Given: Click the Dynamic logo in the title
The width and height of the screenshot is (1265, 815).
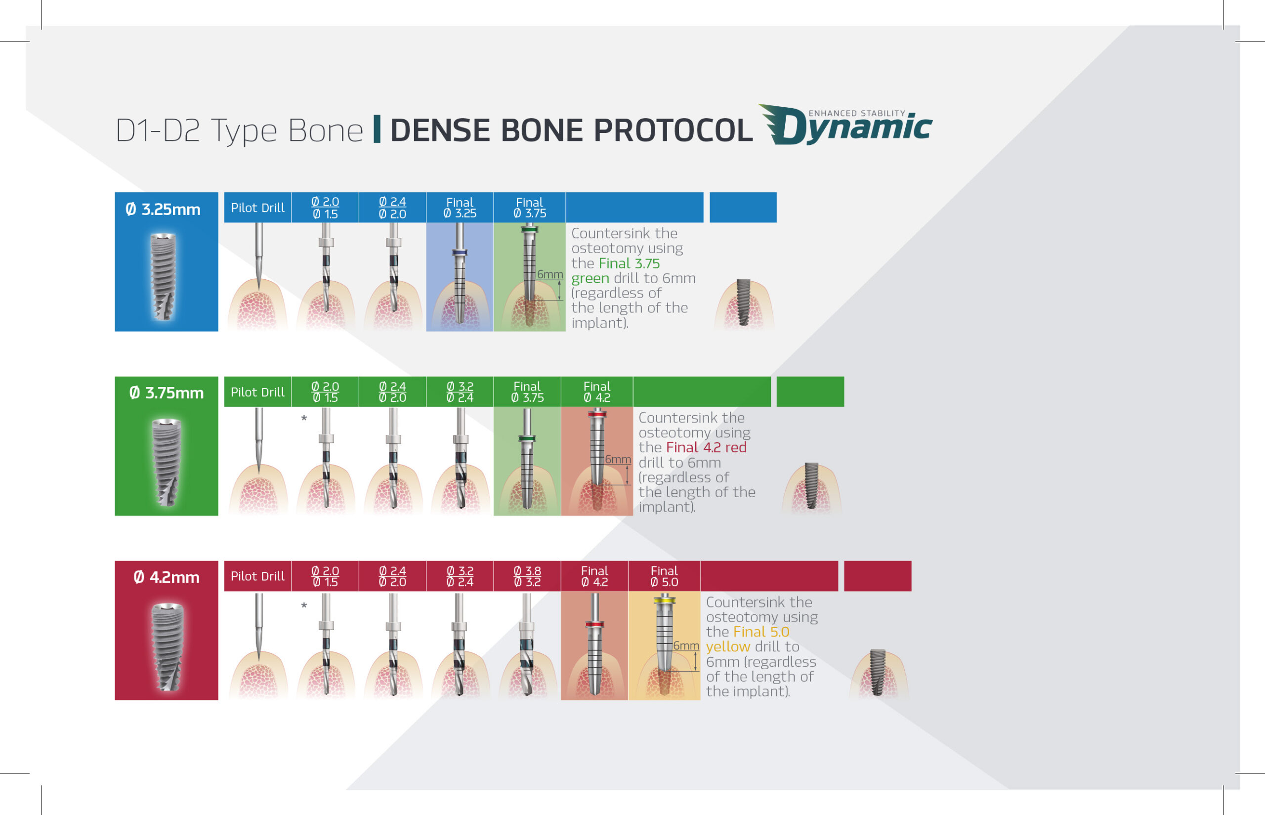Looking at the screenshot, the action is point(845,125).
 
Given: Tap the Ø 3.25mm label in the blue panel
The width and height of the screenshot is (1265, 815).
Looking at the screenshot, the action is point(163,210).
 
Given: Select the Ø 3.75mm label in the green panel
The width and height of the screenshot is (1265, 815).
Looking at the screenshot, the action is point(167,393).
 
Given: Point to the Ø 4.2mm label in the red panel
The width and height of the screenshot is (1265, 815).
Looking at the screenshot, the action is point(167,577).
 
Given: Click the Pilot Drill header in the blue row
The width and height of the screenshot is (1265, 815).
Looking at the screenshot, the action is point(257,208).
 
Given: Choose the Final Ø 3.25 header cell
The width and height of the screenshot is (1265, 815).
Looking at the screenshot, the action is point(460,208).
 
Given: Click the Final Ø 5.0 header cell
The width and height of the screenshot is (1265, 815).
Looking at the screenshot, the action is point(664,576).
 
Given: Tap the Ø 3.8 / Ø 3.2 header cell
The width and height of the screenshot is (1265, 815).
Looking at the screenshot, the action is point(527,576).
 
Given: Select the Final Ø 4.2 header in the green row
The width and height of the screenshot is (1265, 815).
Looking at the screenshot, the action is point(597,392).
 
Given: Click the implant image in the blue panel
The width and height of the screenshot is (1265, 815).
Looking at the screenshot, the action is point(163,277).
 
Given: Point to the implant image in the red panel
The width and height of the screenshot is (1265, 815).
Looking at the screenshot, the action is point(167,646).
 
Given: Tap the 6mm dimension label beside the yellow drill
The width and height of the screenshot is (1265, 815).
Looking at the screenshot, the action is point(686,645).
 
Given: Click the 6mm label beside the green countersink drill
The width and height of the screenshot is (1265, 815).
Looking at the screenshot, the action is point(550,274).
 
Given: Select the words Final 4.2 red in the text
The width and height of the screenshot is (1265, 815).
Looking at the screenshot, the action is point(706,448).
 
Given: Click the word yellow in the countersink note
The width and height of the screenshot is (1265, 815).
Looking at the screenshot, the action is point(727,646).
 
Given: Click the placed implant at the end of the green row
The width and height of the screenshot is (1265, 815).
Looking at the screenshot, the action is point(811,486).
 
